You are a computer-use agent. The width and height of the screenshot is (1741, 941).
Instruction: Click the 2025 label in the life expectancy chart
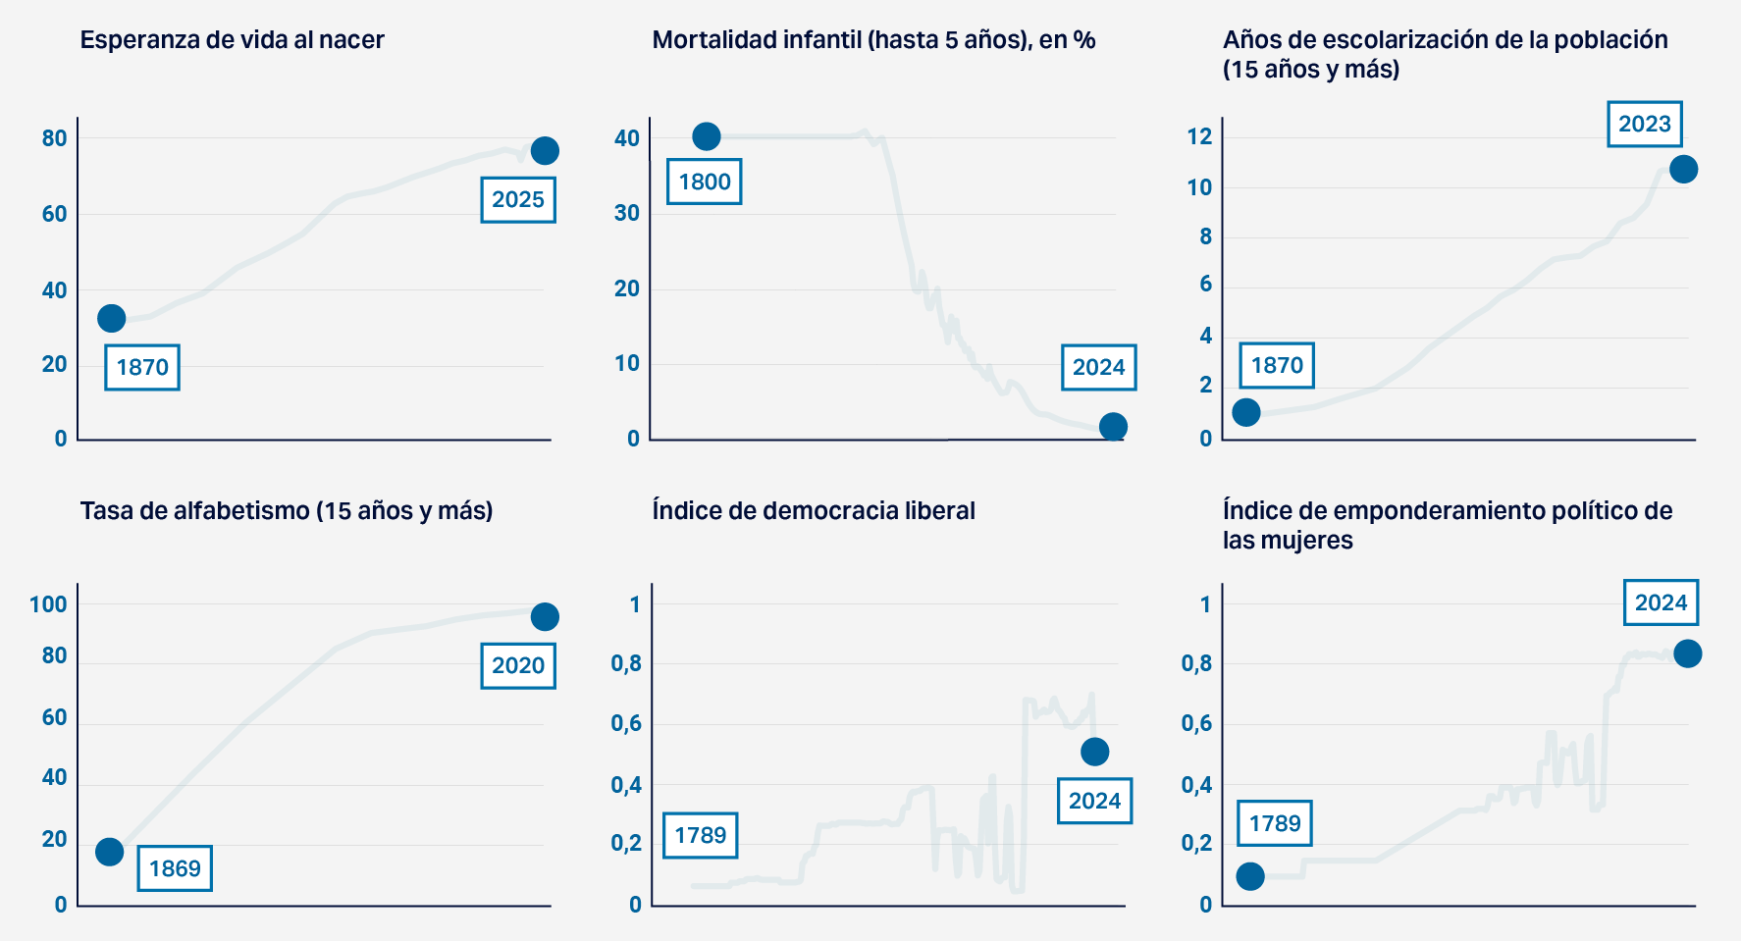(518, 200)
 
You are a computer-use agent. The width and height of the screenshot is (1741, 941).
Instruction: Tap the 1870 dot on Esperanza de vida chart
(112, 318)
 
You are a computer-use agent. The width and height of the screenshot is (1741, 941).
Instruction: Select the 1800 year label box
(705, 182)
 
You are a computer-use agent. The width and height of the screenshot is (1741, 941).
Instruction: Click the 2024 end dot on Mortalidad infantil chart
(1113, 427)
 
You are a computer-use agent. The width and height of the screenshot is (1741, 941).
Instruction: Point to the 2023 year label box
(1644, 125)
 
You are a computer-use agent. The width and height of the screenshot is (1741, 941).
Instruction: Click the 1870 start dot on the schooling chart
(1246, 412)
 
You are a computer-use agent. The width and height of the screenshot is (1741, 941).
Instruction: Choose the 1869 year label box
(175, 868)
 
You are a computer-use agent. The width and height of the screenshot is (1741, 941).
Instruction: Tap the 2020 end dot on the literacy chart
(545, 616)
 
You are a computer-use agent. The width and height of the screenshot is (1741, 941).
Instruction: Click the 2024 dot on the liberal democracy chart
(1094, 752)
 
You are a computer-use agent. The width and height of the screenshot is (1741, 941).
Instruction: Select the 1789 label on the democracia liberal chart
(701, 835)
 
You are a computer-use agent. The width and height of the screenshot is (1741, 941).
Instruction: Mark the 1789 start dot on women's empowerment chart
(1250, 876)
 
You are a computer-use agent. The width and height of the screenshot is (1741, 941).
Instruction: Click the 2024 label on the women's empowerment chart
(1661, 602)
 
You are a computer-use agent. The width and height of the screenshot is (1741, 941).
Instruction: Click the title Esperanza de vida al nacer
(232, 40)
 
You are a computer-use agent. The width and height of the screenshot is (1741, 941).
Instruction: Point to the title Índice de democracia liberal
(814, 511)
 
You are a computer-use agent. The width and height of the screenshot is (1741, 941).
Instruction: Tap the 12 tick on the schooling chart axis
(1199, 136)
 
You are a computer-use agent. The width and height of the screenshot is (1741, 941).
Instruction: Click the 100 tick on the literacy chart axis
(48, 604)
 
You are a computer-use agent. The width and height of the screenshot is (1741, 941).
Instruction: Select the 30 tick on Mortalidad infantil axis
(626, 213)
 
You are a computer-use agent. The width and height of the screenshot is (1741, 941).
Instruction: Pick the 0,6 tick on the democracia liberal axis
(626, 724)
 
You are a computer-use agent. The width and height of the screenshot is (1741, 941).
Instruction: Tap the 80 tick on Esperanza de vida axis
(55, 138)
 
